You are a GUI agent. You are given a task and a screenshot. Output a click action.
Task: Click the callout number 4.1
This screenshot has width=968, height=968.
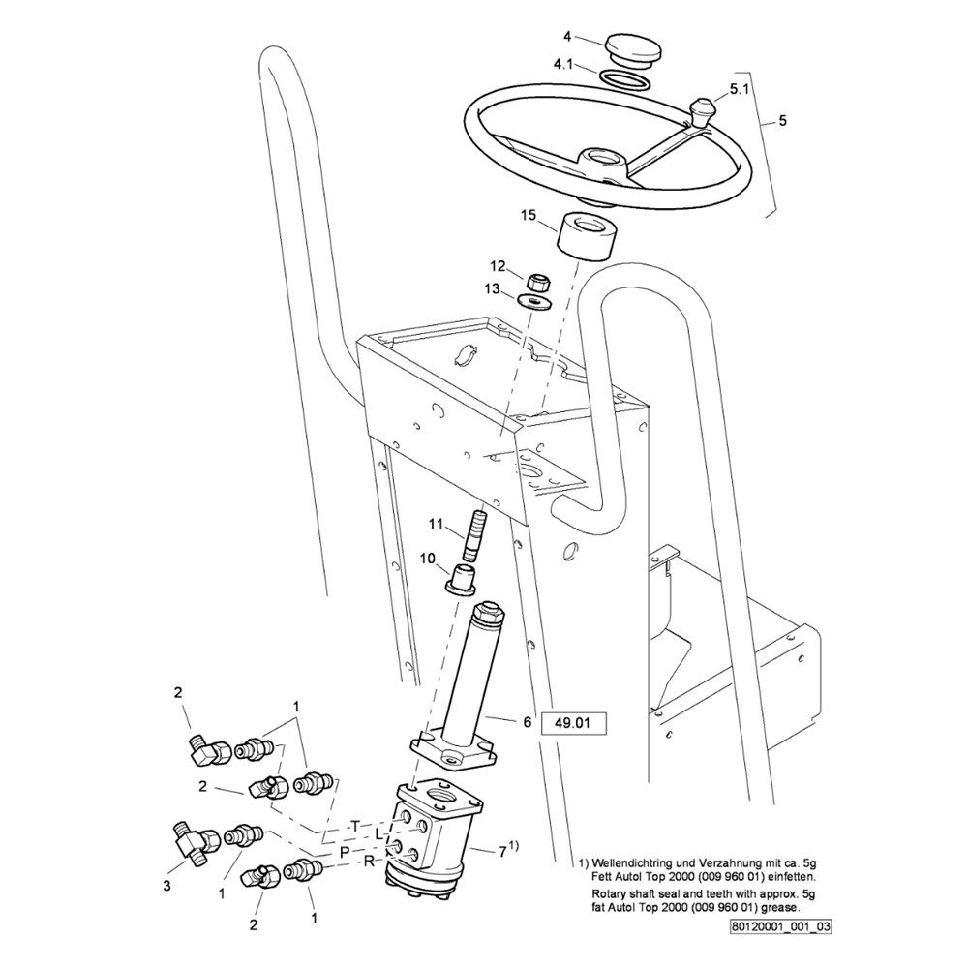pyautogui.click(x=563, y=65)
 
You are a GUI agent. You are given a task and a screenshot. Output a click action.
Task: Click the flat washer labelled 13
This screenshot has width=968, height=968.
pyautogui.click(x=534, y=301)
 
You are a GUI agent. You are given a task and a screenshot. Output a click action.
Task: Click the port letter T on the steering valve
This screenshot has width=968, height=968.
pyautogui.click(x=356, y=825)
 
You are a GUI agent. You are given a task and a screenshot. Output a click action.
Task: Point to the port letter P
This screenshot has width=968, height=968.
pyautogui.click(x=344, y=851)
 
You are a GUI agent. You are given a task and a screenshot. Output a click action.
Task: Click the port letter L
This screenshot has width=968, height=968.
pyautogui.click(x=380, y=835)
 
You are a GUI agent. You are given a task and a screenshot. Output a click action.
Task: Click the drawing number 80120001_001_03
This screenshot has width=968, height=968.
pyautogui.click(x=782, y=925)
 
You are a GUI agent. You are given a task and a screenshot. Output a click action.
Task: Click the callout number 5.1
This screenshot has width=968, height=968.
pyautogui.click(x=739, y=88)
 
